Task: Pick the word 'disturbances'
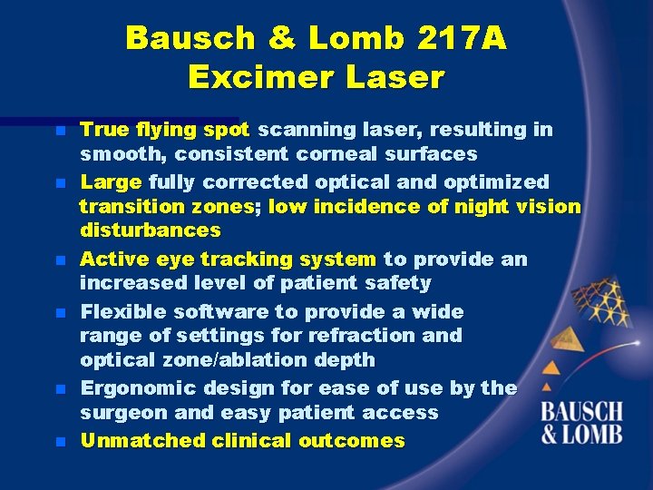click(150, 230)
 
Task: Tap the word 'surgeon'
click(122, 413)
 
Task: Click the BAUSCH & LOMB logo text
click(582, 423)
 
